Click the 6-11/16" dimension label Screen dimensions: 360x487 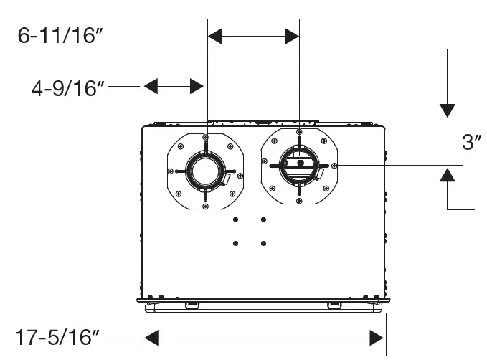(x=57, y=36)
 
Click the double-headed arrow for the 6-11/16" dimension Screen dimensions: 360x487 (x=253, y=36)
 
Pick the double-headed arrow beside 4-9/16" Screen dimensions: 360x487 (x=173, y=87)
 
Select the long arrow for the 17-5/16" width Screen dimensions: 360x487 (x=264, y=336)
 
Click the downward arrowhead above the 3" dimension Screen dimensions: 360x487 (x=448, y=110)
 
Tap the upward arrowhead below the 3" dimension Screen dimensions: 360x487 (x=448, y=174)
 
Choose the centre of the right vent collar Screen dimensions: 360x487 (x=299, y=164)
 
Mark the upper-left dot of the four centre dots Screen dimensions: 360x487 (x=236, y=219)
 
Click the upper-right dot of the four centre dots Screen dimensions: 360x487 (x=263, y=219)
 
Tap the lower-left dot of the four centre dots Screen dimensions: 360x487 (x=236, y=244)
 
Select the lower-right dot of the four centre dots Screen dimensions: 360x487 (x=263, y=244)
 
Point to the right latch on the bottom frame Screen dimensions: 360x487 (x=334, y=306)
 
